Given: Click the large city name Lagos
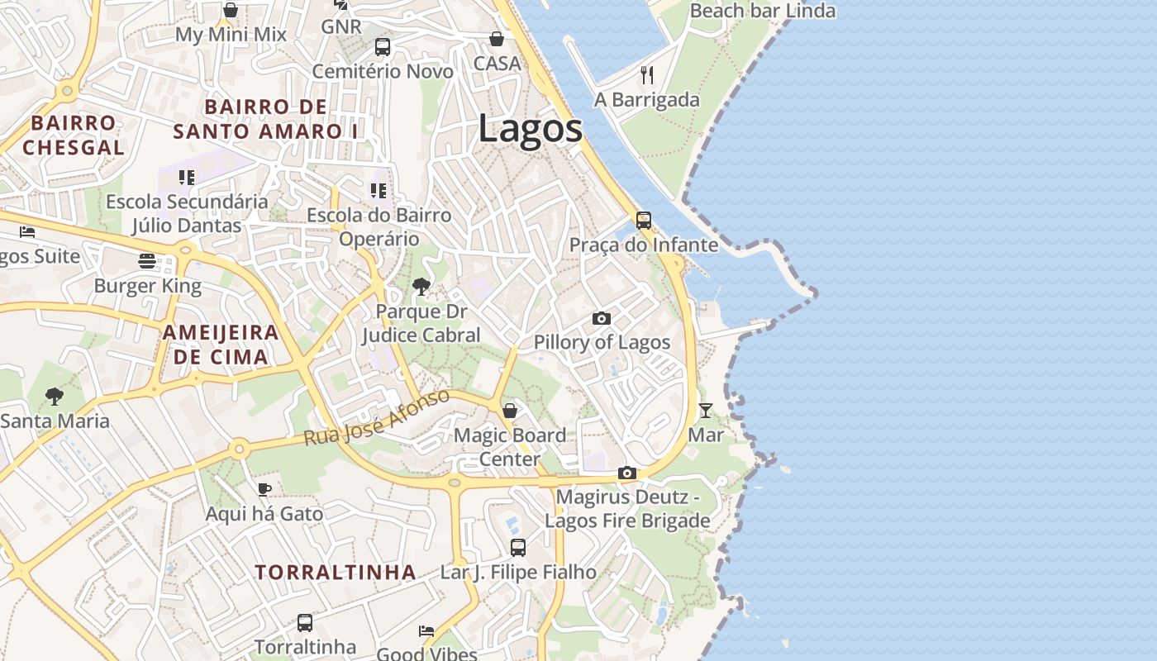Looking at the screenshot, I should pyautogui.click(x=530, y=130).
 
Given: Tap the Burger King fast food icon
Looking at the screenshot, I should pyautogui.click(x=147, y=262).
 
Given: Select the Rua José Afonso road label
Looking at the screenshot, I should pyautogui.click(x=377, y=417).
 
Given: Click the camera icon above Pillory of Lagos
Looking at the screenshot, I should pyautogui.click(x=602, y=318).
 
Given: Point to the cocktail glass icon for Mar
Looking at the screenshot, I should pyautogui.click(x=705, y=411).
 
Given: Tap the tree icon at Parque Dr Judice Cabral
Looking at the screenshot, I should pyautogui.click(x=421, y=287).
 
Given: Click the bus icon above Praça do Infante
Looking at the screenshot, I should pyautogui.click(x=644, y=221).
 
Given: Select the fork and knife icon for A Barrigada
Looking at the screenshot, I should pyautogui.click(x=647, y=75).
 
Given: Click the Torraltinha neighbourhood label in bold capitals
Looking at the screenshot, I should pyautogui.click(x=335, y=573).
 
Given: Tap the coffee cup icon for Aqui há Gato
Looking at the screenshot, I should pyautogui.click(x=264, y=489).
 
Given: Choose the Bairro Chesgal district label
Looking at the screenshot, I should pyautogui.click(x=74, y=136).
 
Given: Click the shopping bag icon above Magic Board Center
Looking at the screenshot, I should pyautogui.click(x=510, y=411).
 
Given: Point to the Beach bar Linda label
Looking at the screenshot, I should pyautogui.click(x=762, y=11).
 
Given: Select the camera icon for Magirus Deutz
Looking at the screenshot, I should pyautogui.click(x=627, y=473).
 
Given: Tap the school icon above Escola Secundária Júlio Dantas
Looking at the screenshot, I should pyautogui.click(x=187, y=177).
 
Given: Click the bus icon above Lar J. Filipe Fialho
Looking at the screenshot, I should pyautogui.click(x=518, y=547).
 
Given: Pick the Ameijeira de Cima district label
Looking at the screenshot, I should pyautogui.click(x=221, y=345).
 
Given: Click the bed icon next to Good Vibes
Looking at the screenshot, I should pyautogui.click(x=426, y=630).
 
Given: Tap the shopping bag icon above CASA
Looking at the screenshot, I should pyautogui.click(x=497, y=39).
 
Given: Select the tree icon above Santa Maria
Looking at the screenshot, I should pyautogui.click(x=55, y=397).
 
